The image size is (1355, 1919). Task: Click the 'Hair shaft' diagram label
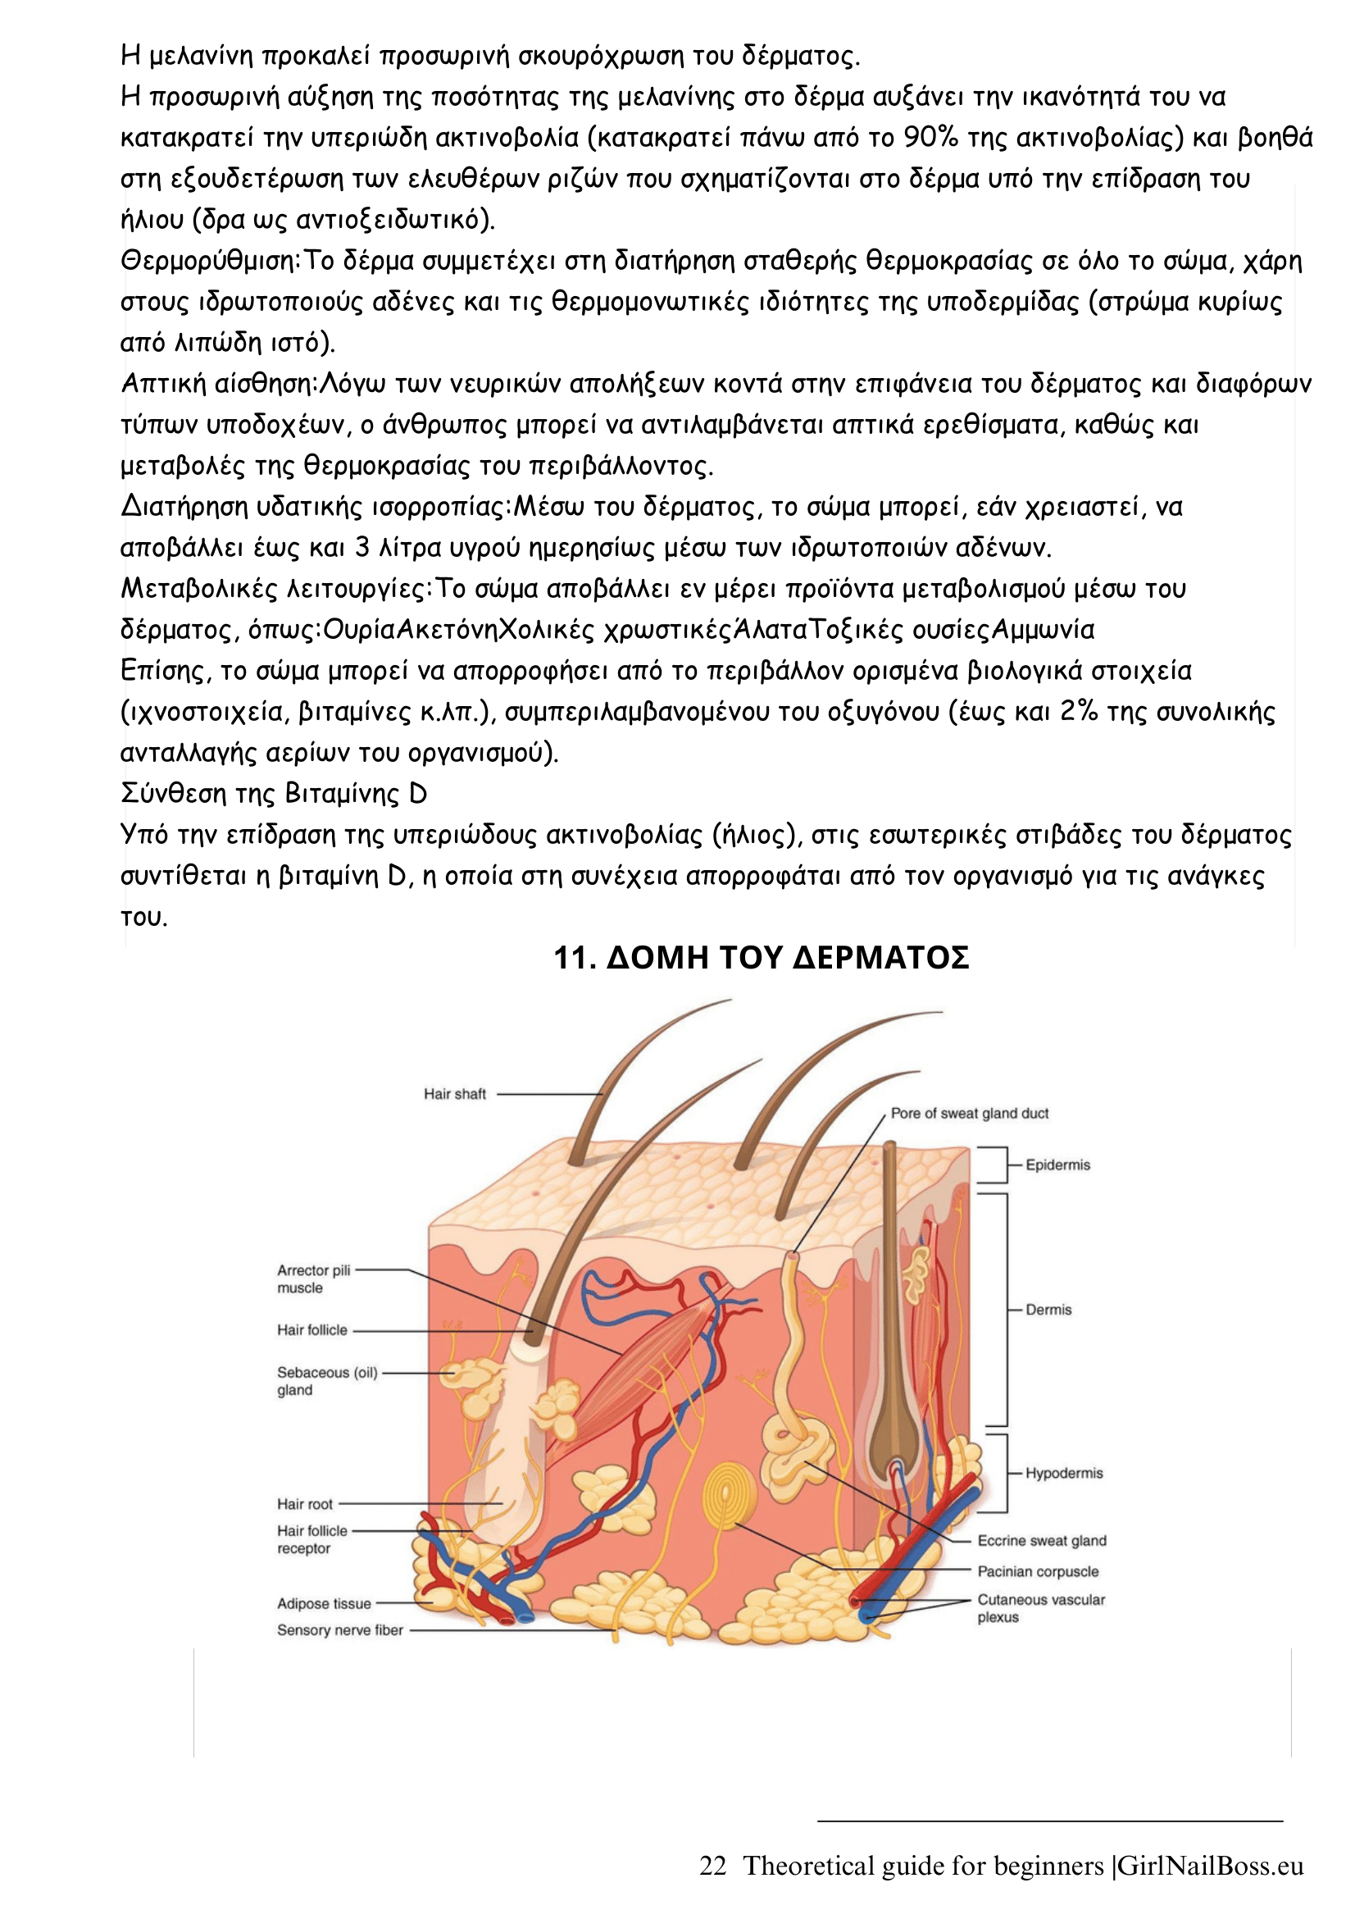454,1094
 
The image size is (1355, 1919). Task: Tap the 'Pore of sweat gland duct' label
969,1114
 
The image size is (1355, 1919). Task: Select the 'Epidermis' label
1057,1165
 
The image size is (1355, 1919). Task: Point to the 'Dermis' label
1048,1310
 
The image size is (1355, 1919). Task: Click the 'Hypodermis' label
1063,1473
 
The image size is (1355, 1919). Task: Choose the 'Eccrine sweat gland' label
1042,1540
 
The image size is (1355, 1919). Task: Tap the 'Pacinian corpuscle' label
1038,1571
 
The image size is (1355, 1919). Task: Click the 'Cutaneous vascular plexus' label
1041,1608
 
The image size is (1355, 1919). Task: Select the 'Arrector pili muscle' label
313,1279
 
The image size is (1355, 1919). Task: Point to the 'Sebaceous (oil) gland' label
326,1381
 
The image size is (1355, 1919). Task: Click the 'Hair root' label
305,1503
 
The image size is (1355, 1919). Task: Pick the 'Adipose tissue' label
324,1603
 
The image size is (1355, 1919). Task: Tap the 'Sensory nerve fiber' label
340,1630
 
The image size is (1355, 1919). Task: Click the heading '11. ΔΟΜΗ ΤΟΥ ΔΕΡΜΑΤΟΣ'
761,958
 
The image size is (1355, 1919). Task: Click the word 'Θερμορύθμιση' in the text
210,261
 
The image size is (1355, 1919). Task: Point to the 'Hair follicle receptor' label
311,1538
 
